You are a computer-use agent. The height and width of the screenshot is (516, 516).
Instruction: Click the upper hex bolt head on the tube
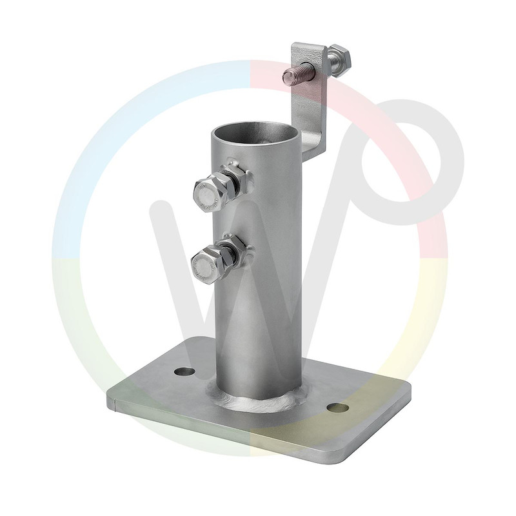[208, 192]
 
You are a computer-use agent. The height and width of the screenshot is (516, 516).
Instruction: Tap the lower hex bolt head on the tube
[206, 263]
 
